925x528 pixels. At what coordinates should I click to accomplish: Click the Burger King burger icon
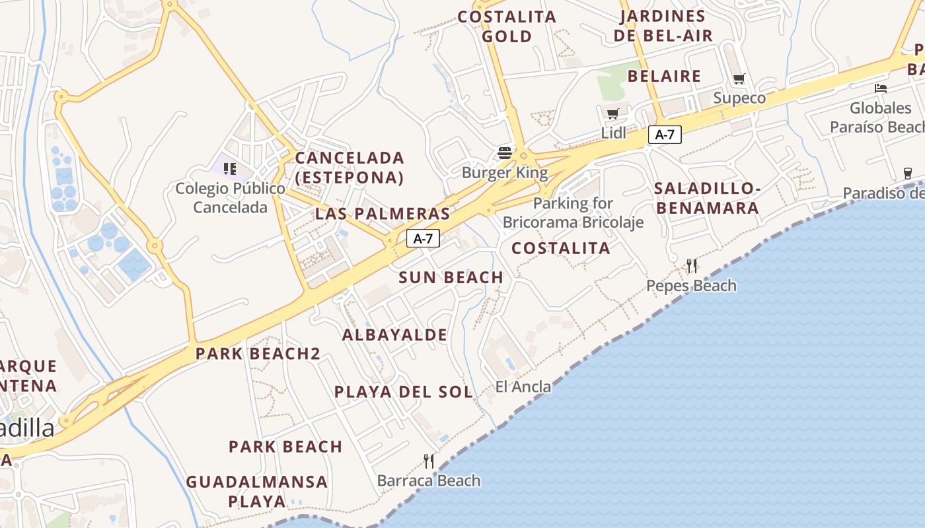(x=505, y=154)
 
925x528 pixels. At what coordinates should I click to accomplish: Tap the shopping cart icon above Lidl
(x=613, y=114)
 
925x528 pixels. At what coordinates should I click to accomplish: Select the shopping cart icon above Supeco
(x=739, y=79)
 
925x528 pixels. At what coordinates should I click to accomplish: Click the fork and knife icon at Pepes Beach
(x=692, y=266)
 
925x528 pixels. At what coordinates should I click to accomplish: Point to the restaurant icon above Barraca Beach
(x=429, y=461)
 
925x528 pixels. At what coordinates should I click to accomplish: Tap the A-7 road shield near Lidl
(x=665, y=135)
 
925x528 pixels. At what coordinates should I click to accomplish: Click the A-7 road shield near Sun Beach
(x=423, y=239)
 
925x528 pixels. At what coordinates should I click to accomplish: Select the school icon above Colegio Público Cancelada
(x=229, y=168)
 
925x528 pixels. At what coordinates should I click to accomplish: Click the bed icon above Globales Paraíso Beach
(x=880, y=88)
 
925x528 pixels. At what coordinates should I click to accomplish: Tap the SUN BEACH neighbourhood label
(x=451, y=278)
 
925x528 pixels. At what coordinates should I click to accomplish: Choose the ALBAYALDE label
(x=394, y=335)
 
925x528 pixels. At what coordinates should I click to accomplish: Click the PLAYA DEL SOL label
(x=404, y=392)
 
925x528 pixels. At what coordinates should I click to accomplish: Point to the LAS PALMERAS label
(x=383, y=214)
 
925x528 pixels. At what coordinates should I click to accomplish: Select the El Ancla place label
(x=523, y=387)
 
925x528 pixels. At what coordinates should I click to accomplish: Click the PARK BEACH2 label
(x=258, y=354)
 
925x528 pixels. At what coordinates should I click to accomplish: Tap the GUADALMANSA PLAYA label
(x=257, y=491)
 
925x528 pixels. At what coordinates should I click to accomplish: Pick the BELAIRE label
(x=664, y=77)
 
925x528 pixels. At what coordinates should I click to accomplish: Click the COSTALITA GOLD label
(x=507, y=26)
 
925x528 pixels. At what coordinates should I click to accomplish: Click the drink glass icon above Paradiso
(x=908, y=174)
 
